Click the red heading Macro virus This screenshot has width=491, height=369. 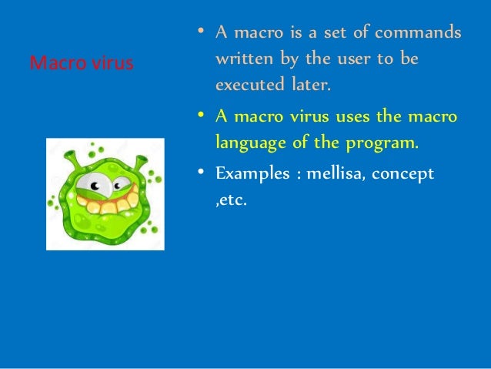pyautogui.click(x=81, y=62)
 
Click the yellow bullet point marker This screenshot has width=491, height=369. pyautogui.click(x=199, y=116)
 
